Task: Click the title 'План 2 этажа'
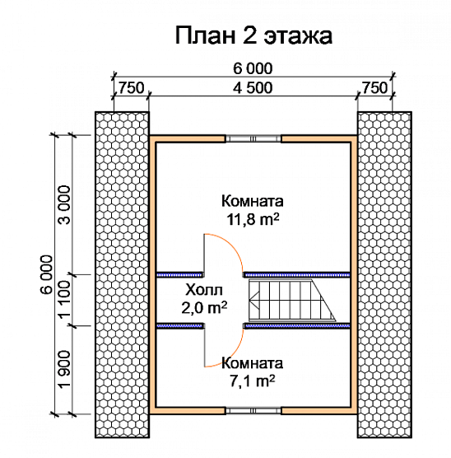pyautogui.click(x=253, y=35)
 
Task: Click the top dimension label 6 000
pyautogui.click(x=253, y=69)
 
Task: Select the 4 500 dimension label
pyautogui.click(x=253, y=88)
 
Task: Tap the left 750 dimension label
pyautogui.click(x=132, y=88)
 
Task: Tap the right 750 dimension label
pyautogui.click(x=374, y=88)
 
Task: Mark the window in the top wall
pyautogui.click(x=254, y=138)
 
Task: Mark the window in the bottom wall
pyautogui.click(x=254, y=409)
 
